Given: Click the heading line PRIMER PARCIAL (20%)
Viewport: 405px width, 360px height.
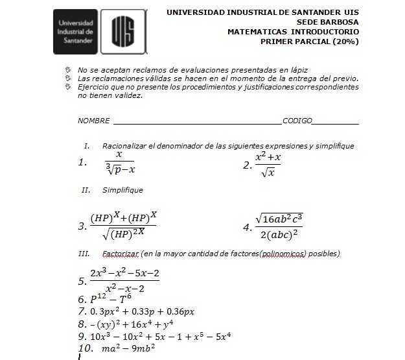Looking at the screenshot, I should pyautogui.click(x=309, y=41).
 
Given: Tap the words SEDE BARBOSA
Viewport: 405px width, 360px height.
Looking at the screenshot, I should pyautogui.click(x=329, y=21).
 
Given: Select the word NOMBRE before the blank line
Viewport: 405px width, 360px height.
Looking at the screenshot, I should pyautogui.click(x=93, y=121).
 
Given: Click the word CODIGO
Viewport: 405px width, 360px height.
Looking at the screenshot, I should pyautogui.click(x=297, y=121).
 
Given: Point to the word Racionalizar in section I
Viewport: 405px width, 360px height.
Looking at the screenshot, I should pyautogui.click(x=125, y=146).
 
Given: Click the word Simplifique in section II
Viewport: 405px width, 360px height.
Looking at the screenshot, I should pyautogui.click(x=122, y=190).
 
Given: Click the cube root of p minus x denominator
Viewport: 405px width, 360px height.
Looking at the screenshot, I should pyautogui.click(x=120, y=170).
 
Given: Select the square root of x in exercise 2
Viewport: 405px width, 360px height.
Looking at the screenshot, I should pyautogui.click(x=268, y=173).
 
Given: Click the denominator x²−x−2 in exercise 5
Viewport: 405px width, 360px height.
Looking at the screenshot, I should pyautogui.click(x=124, y=288).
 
